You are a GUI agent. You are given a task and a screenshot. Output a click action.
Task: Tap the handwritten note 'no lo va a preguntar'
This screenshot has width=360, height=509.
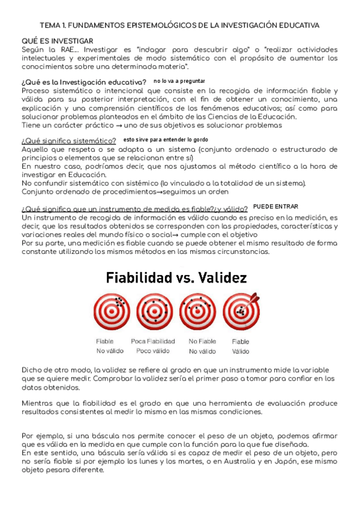point(179,80)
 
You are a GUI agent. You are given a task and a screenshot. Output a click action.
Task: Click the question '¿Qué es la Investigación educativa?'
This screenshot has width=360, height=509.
point(83,82)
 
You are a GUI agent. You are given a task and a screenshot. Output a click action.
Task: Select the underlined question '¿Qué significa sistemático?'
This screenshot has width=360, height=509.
point(69,140)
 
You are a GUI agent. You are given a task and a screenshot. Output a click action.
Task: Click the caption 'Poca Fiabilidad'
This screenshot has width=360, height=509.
point(152,342)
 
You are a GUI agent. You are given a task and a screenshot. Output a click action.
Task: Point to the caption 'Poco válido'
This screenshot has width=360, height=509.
point(152,351)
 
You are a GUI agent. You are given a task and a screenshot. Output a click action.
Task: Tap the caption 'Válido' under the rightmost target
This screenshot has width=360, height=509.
point(241,351)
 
